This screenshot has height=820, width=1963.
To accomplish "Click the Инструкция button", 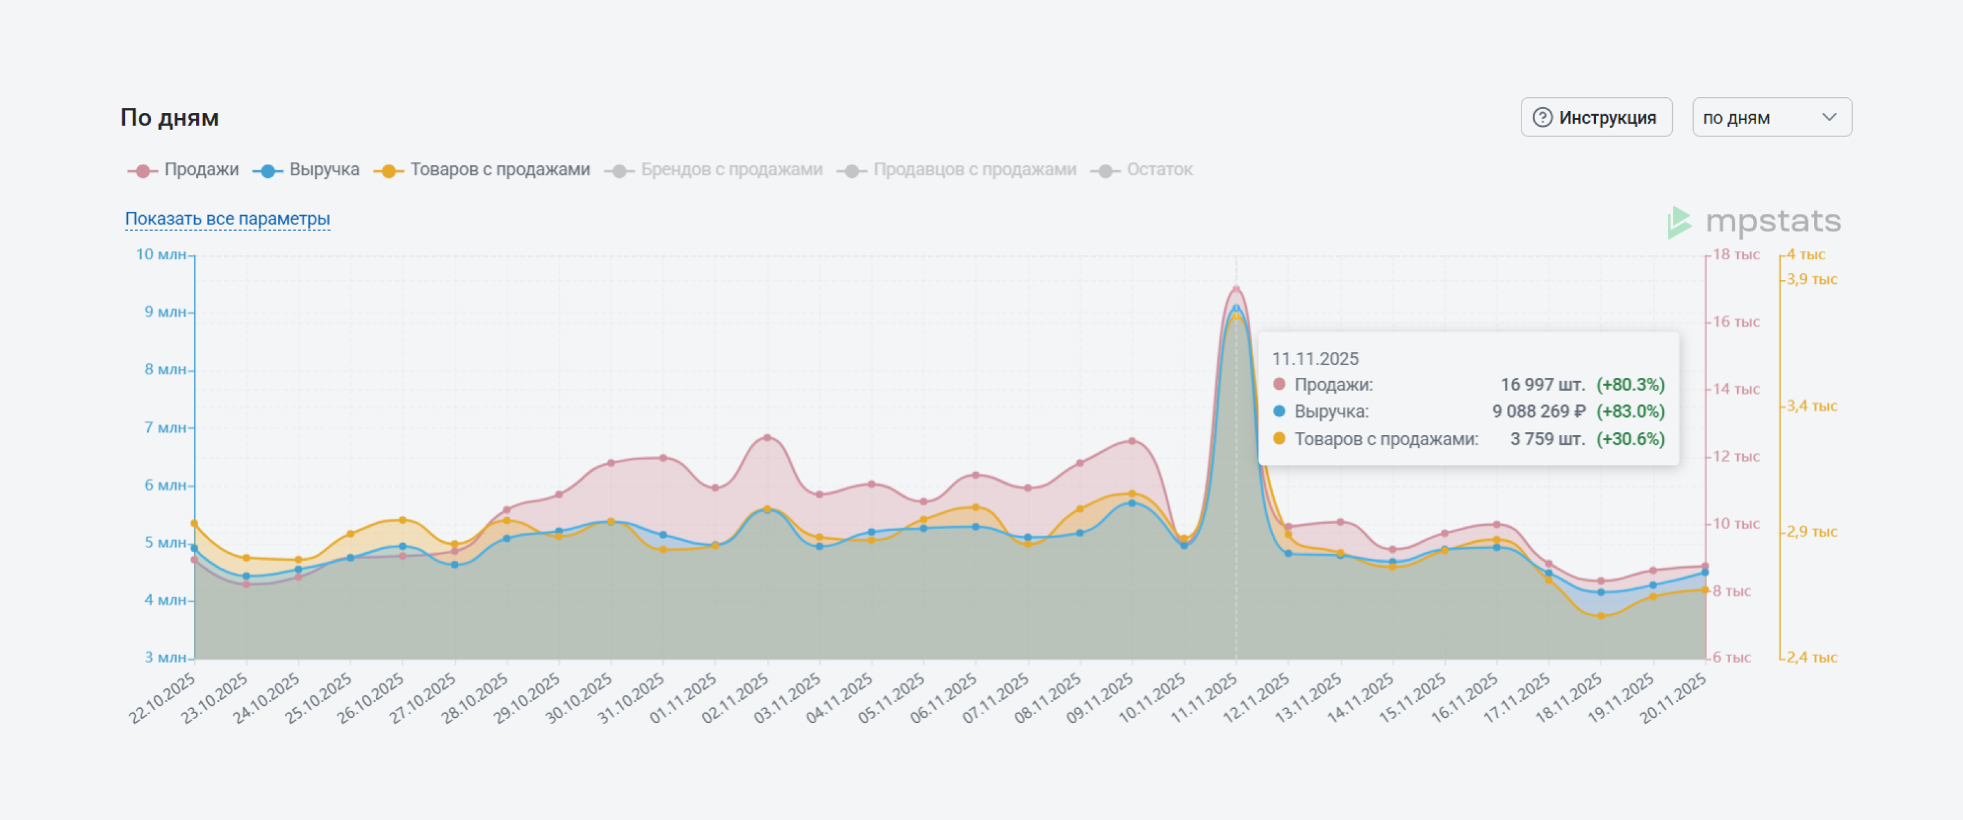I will click(1596, 117).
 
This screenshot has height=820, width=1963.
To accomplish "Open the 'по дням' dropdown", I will click(1771, 117).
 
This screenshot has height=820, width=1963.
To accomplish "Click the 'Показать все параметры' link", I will click(227, 219).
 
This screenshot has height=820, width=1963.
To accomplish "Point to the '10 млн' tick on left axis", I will click(161, 255).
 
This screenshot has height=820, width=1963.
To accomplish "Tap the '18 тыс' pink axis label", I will click(1736, 255).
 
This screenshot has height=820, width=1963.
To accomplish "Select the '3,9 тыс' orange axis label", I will click(1812, 279).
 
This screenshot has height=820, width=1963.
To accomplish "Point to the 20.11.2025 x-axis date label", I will click(1673, 699).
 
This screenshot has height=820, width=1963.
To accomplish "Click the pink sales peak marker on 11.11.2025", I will click(1236, 289).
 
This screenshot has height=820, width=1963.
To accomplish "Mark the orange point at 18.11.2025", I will click(1601, 616).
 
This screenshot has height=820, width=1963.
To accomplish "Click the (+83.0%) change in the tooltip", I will click(1630, 411).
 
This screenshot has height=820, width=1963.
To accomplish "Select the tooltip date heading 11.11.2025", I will click(1315, 359).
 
